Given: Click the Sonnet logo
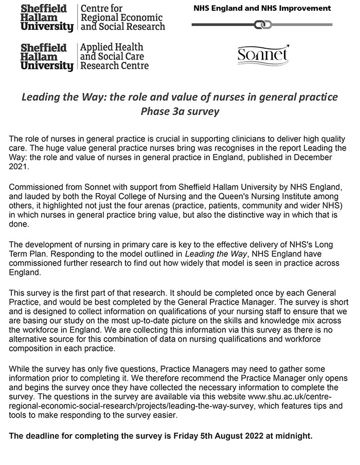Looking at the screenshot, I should click(x=263, y=55).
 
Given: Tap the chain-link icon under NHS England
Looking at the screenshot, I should click(x=262, y=24).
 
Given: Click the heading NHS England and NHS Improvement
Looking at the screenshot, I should click(x=262, y=8).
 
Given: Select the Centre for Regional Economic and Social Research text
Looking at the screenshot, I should click(x=122, y=17).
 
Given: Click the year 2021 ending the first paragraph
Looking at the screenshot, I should click(x=20, y=167).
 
